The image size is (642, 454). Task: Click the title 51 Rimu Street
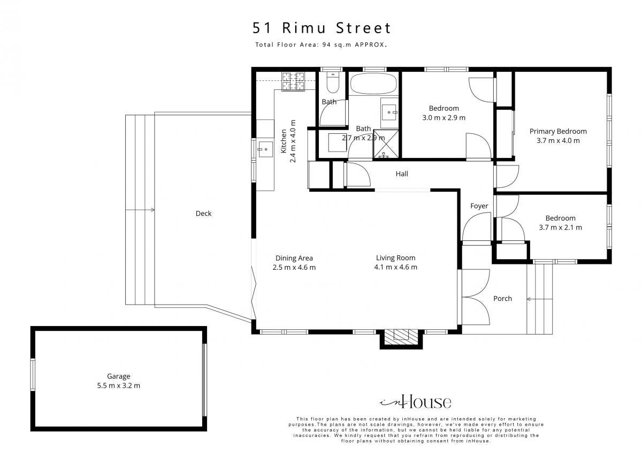pos(322,28)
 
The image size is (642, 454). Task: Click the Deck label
pos(203,214)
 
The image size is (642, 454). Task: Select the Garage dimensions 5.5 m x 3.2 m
pos(118,385)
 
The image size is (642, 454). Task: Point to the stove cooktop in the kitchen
pos(293,81)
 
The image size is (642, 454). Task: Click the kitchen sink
pos(265,149)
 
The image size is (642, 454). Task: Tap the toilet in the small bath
pos(333,82)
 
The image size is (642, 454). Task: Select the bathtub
pos(373,84)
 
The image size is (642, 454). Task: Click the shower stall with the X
pos(386,143)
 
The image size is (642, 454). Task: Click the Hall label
pos(402,174)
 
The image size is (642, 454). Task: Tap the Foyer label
pos(479,206)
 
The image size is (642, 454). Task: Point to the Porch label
pos(502,299)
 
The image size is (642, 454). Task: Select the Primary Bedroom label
pos(558,131)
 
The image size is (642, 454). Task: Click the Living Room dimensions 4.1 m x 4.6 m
pos(395,267)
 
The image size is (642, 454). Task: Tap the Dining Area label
pos(294,258)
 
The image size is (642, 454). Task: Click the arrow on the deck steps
pos(140,210)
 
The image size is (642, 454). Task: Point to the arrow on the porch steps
pos(540,299)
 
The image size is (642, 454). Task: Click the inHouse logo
pos(416,402)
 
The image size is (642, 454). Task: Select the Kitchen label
pos(284,141)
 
